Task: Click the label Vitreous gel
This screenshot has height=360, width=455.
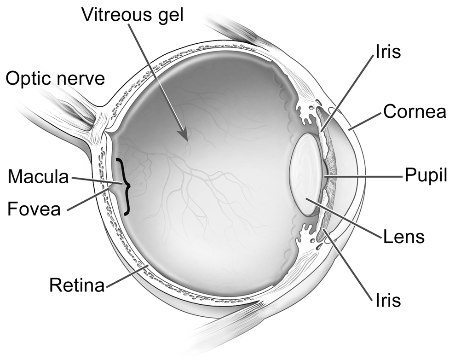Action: point(132,15)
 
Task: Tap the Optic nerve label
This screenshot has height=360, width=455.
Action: point(55,79)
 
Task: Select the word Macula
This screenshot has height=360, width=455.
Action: point(38,176)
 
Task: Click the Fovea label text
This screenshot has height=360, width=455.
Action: point(34,209)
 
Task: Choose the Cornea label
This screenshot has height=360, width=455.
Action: point(415,111)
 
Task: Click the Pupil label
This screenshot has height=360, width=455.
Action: point(426,175)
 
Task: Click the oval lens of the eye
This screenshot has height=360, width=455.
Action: point(306,174)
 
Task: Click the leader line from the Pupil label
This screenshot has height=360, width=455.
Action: point(364,176)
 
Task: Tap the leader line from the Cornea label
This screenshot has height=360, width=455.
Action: point(365,121)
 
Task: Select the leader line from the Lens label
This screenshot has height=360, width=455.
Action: point(343,218)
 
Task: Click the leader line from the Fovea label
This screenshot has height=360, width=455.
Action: point(88,199)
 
